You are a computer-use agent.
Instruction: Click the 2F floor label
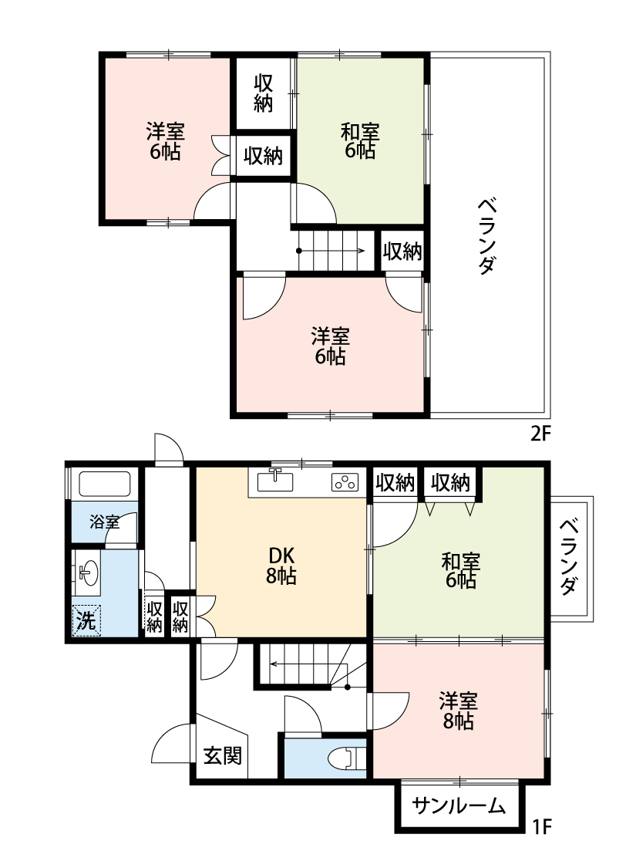540,434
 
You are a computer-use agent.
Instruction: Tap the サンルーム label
459,806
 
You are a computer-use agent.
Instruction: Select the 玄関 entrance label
222,755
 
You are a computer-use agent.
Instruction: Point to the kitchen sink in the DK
274,481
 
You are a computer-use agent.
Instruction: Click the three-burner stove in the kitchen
345,484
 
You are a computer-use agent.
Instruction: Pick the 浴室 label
104,522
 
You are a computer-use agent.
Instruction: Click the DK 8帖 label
282,566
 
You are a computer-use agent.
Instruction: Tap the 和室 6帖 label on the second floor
360,140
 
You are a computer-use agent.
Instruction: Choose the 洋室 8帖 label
459,711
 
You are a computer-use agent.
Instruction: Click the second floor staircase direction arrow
331,251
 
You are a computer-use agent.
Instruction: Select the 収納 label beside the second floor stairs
402,252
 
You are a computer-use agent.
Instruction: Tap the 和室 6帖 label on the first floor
460,570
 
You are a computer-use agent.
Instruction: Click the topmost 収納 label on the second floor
264,93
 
